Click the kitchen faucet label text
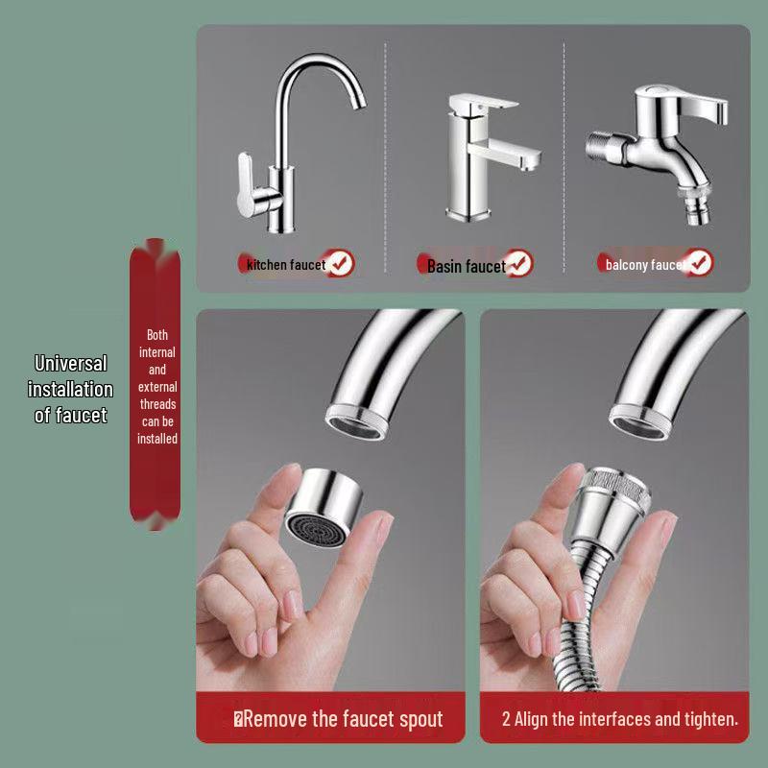[x=286, y=264]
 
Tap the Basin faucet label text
[x=466, y=266]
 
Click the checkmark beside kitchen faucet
[x=340, y=263]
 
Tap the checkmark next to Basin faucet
[x=518, y=262]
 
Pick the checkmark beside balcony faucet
[x=699, y=262]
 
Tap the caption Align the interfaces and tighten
[x=619, y=719]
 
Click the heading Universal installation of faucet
[x=70, y=389]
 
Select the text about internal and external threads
[x=157, y=387]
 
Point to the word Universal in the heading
[x=70, y=364]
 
